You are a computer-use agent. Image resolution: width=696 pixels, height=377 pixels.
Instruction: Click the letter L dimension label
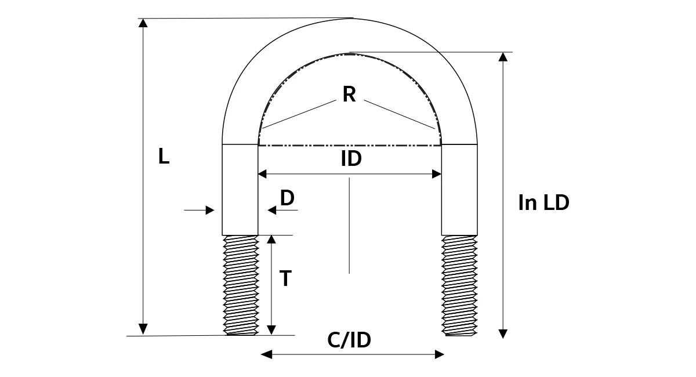(x=164, y=156)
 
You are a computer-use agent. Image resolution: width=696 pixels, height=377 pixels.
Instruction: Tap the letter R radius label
(x=349, y=94)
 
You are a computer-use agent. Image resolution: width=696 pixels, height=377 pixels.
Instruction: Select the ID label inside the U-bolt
(x=351, y=158)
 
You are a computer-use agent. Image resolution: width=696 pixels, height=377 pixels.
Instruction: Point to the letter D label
(x=287, y=198)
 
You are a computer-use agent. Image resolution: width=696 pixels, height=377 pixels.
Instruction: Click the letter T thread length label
(x=285, y=278)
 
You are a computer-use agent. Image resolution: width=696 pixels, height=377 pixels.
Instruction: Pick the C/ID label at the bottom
(x=349, y=340)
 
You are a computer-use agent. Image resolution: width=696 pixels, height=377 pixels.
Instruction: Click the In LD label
(x=544, y=202)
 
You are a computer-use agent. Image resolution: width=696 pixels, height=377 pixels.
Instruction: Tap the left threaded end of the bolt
(x=241, y=285)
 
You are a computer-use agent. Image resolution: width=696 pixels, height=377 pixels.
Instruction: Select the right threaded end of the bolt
(x=459, y=285)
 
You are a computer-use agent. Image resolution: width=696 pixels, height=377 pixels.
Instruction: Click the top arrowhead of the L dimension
(x=143, y=23)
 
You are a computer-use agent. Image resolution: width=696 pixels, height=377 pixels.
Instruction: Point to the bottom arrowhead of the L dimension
(x=143, y=329)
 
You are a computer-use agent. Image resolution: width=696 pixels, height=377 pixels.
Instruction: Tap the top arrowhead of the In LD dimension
(x=503, y=57)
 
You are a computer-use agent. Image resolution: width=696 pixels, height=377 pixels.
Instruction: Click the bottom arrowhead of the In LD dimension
(x=503, y=334)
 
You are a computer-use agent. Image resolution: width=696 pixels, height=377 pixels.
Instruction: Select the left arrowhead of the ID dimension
(x=262, y=174)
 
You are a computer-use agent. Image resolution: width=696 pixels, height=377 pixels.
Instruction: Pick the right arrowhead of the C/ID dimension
(x=440, y=354)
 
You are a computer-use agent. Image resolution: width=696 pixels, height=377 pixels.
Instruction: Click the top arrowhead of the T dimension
(x=271, y=240)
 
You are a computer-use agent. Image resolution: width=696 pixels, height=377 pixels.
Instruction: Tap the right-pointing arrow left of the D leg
(x=199, y=211)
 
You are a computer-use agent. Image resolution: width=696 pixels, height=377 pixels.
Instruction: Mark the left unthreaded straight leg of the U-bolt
(x=240, y=190)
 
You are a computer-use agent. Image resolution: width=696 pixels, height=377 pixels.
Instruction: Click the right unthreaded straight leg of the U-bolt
(x=459, y=190)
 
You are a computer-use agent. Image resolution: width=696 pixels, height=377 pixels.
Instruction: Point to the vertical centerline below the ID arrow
(x=349, y=226)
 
